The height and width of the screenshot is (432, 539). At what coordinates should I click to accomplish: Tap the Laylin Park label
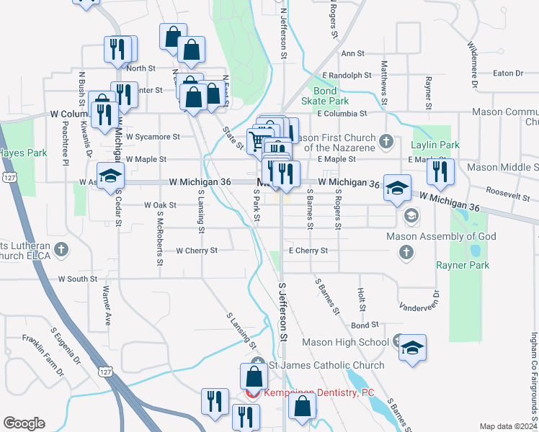(435, 145)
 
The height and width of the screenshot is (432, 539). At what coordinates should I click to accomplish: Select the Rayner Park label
(463, 265)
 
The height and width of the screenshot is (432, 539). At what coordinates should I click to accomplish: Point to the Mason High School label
(346, 342)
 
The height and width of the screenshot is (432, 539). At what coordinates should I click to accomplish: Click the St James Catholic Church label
(326, 365)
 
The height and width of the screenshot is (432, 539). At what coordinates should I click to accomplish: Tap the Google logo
(24, 423)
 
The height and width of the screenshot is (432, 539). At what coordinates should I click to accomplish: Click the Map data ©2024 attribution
(508, 426)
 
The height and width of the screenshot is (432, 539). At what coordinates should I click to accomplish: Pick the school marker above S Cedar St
(111, 176)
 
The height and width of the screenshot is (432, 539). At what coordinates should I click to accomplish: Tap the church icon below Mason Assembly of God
(406, 251)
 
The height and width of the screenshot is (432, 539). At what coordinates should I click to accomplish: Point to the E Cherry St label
(308, 251)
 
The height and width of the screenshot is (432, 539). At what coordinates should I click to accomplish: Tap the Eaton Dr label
(509, 73)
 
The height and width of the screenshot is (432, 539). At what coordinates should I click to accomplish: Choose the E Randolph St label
(347, 75)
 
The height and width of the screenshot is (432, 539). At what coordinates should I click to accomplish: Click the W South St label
(78, 278)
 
